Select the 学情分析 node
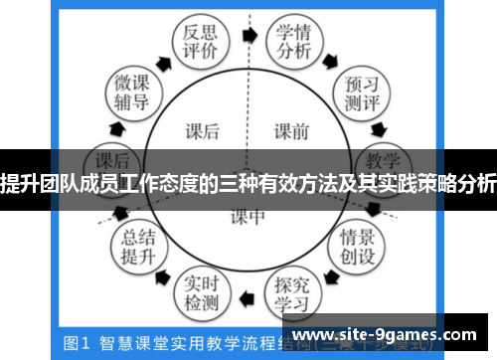pos(294,42)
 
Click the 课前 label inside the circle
pos(294,128)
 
